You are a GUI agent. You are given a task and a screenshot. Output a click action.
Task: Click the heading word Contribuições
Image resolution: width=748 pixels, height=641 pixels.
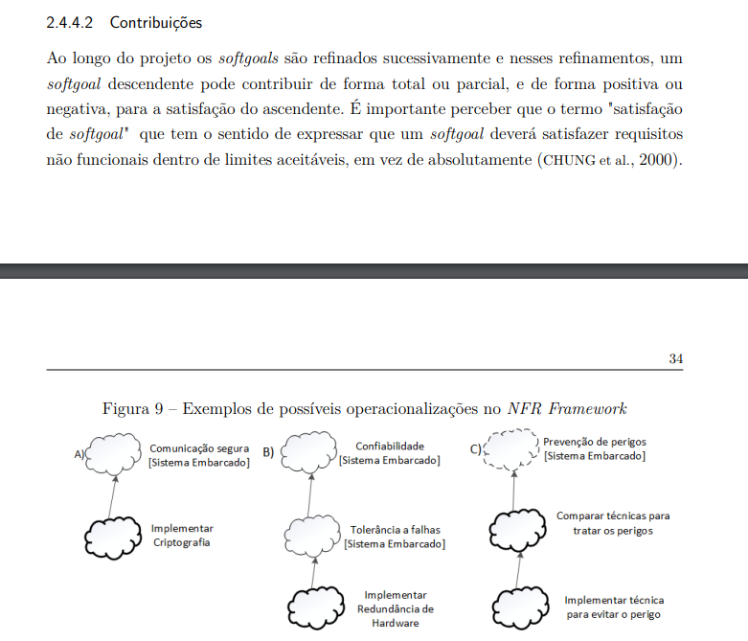pos(156,22)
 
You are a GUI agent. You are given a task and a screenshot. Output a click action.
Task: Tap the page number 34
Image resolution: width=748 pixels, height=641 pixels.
pos(675,358)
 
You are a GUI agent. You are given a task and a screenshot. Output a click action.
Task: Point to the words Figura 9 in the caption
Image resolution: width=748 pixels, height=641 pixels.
pos(133,409)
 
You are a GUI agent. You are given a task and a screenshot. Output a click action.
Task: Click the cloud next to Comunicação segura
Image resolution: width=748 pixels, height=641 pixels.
pos(114,454)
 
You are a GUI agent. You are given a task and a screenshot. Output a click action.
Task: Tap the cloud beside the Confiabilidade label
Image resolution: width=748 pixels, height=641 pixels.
pos(311,454)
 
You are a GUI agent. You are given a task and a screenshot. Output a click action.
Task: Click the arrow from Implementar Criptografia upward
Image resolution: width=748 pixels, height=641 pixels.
pos(113,495)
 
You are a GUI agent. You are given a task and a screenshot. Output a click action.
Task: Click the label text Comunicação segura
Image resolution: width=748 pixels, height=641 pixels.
pos(199,447)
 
